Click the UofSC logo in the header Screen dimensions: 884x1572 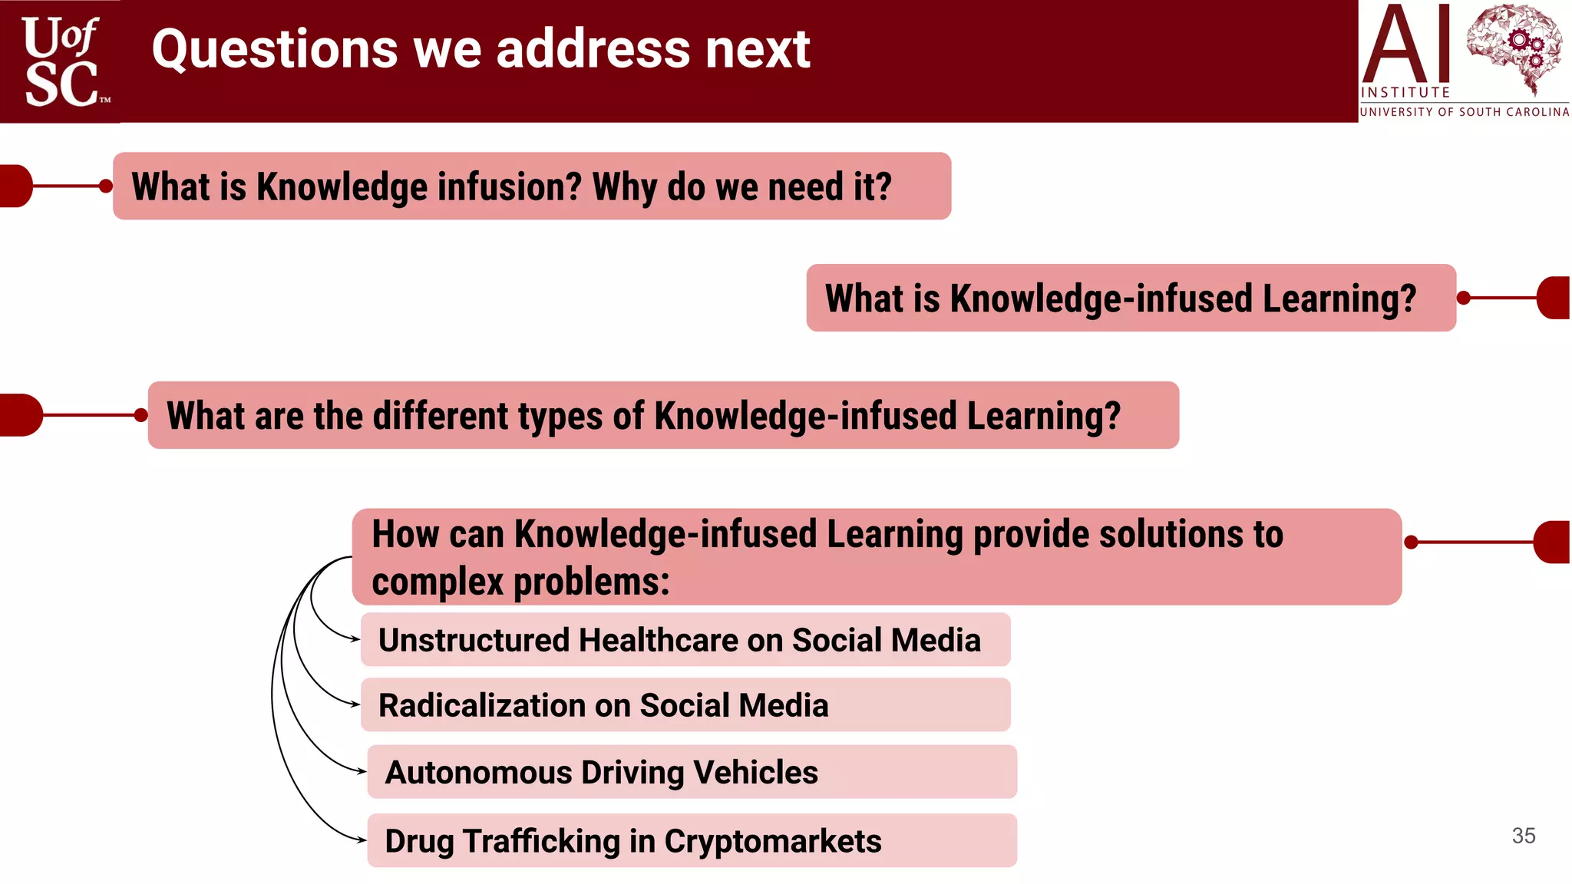61,61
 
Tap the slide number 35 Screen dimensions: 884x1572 1523,836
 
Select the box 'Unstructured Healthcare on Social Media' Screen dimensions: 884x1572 685,640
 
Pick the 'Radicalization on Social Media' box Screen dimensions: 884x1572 685,705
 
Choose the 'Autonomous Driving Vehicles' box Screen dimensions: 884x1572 691,772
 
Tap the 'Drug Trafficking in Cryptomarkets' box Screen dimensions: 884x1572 691,841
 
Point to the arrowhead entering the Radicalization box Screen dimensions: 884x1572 355,704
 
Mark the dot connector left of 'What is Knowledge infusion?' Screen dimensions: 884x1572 106,186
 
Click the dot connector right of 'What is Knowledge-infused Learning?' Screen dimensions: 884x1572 1463,298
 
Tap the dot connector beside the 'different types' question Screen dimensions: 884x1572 140,415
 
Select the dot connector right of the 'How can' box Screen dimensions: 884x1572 1411,543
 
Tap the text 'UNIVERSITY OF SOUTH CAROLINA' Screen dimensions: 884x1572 1464,112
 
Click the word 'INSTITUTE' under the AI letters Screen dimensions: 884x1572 1405,93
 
